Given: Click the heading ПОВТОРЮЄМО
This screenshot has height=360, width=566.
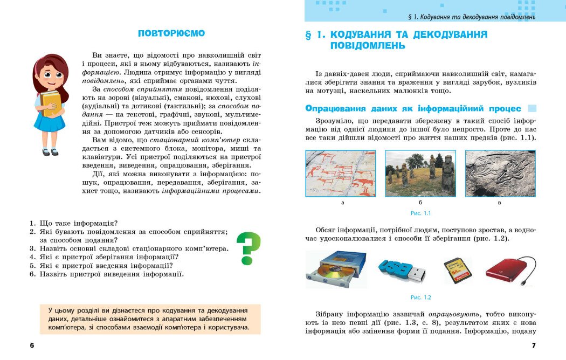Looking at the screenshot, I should [171, 33].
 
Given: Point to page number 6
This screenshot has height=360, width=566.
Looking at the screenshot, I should [32, 345].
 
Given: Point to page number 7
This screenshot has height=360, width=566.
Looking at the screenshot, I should [534, 345].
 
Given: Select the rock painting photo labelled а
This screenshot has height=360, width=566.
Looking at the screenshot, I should [341, 173].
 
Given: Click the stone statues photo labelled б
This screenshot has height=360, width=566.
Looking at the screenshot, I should [420, 173].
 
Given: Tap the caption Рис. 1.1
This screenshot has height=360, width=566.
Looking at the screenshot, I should [420, 213].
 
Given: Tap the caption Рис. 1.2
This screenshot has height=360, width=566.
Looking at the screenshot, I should [420, 297].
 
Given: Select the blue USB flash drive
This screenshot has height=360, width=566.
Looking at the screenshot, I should [402, 269].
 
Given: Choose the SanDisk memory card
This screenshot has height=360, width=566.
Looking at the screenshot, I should [457, 270].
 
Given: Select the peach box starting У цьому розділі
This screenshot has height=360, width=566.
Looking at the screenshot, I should [150, 319].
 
